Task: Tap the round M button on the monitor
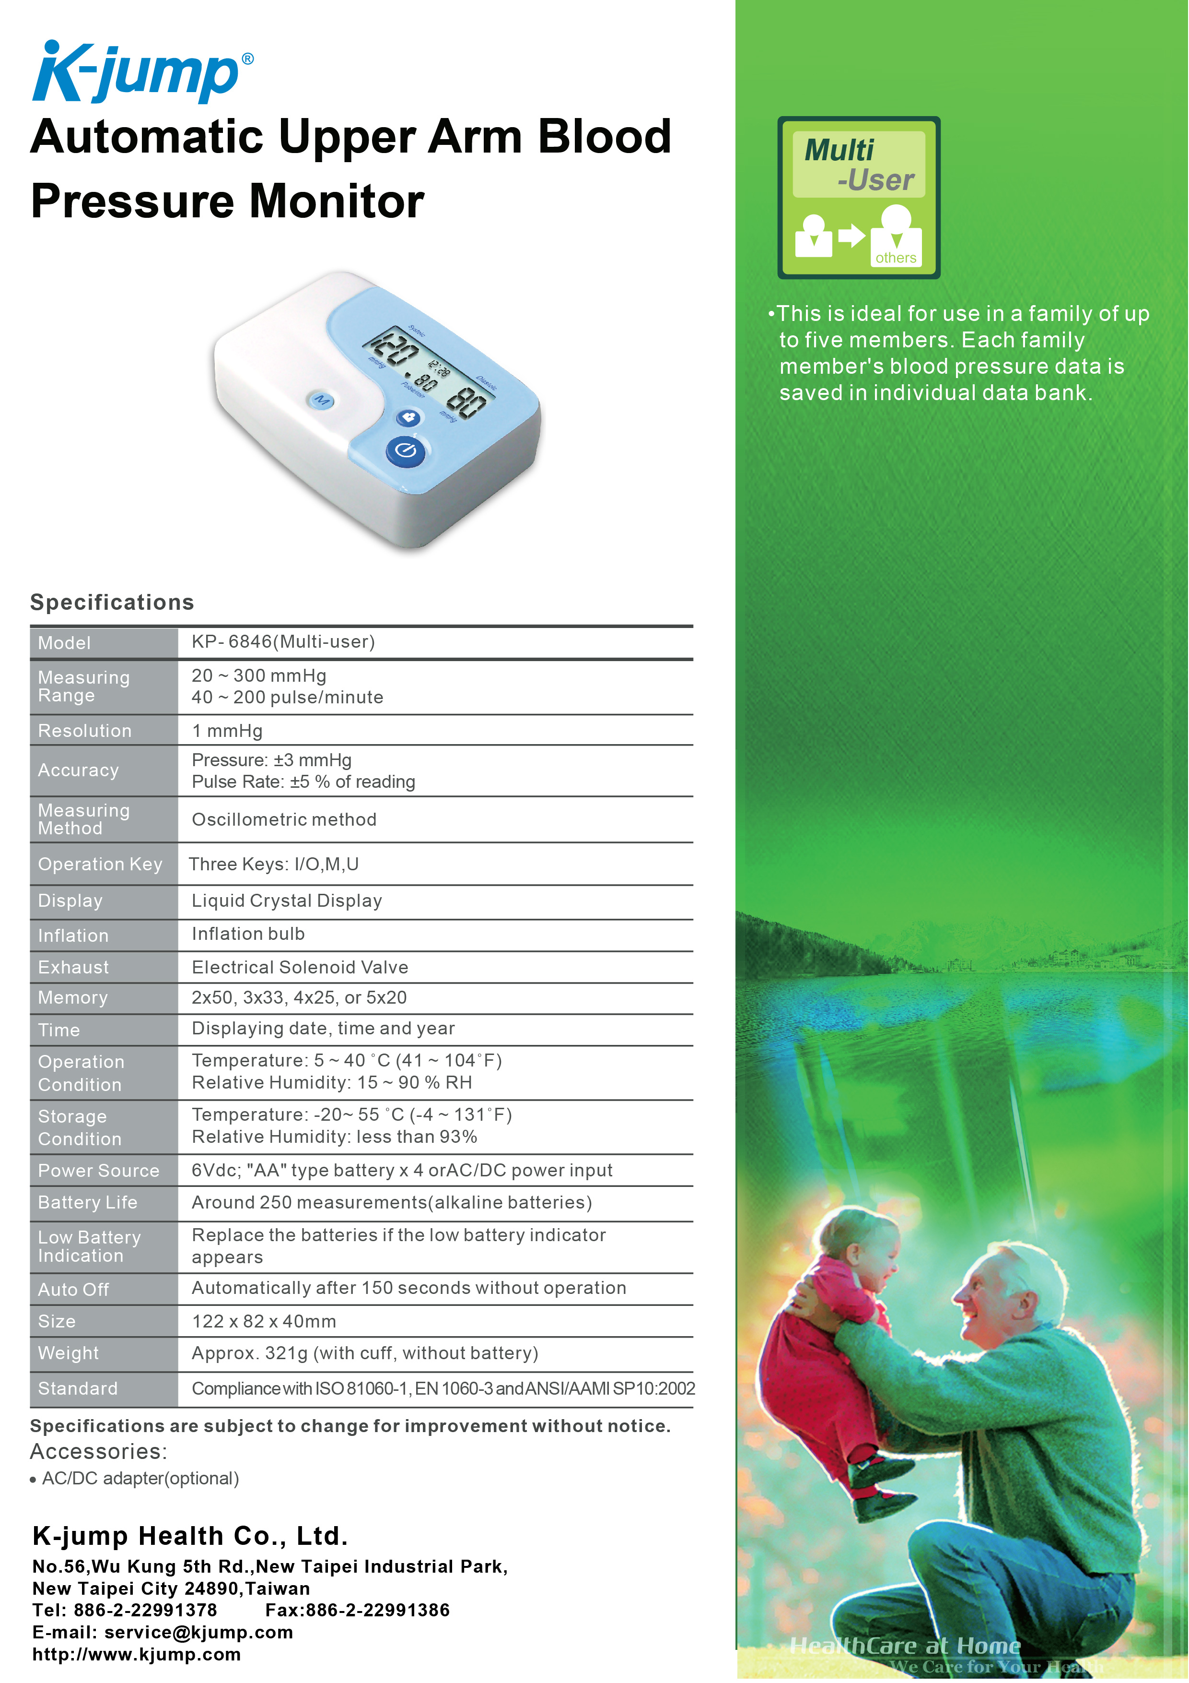pyautogui.click(x=322, y=400)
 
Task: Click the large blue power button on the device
pyautogui.click(x=406, y=451)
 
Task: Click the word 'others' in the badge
pyautogui.click(x=895, y=258)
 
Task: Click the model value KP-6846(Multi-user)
pyautogui.click(x=283, y=642)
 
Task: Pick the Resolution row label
pyautogui.click(x=85, y=731)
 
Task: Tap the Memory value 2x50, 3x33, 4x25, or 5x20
pyautogui.click(x=299, y=997)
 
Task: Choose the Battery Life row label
pyautogui.click(x=88, y=1202)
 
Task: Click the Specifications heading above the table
pyautogui.click(x=112, y=603)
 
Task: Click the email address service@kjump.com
pyautogui.click(x=198, y=1633)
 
